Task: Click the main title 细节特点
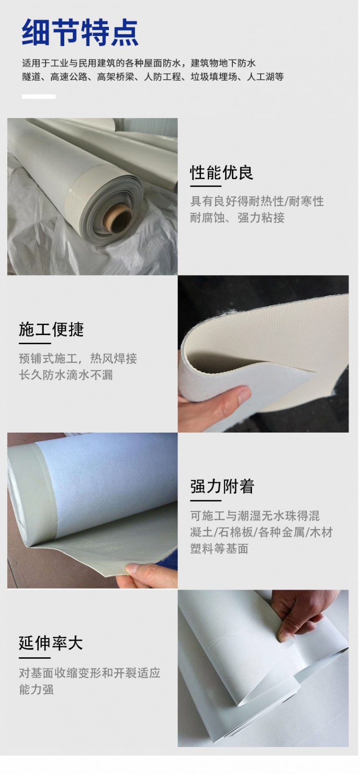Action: pos(80,33)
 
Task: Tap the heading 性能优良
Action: pos(221,173)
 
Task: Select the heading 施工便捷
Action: pos(51,329)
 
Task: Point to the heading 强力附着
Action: pos(222,486)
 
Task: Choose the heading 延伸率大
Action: pos(51,643)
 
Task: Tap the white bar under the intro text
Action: pos(39,97)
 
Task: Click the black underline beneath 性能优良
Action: pos(205,186)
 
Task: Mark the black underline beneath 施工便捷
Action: pos(35,343)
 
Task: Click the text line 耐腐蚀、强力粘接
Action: pos(237,218)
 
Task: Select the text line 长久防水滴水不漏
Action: pos(66,375)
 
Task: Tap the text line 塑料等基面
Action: pos(219,548)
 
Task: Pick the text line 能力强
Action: pos(36,689)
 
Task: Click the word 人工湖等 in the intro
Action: pos(265,77)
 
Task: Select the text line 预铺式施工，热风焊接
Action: pos(78,358)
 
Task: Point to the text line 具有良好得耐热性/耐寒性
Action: pos(257,201)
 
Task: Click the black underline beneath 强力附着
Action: pos(205,500)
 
